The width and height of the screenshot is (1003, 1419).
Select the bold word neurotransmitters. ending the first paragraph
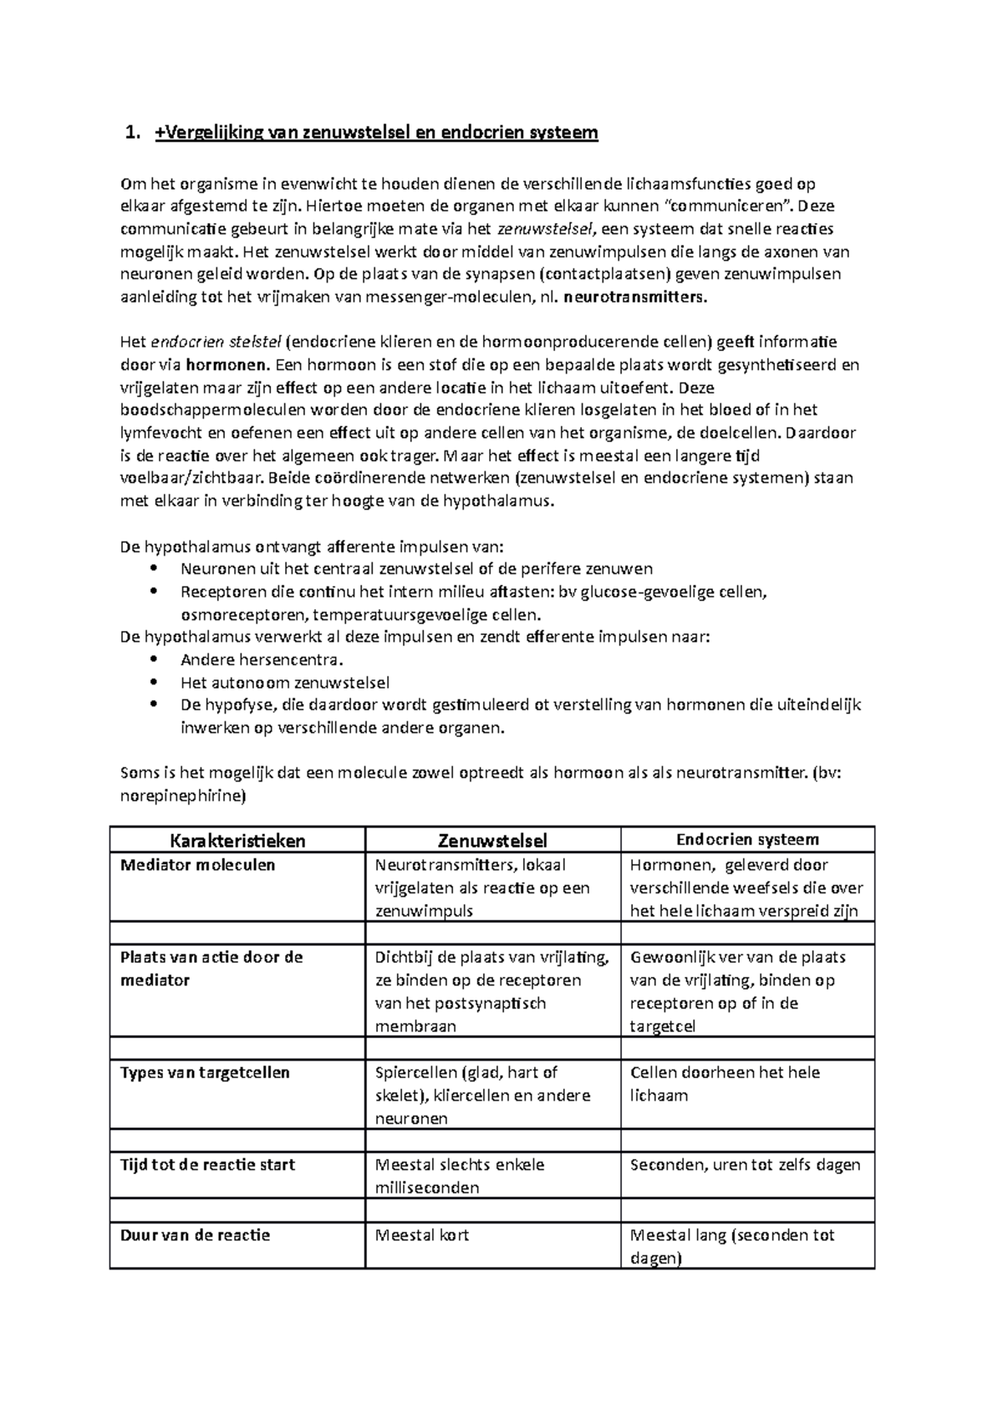(635, 297)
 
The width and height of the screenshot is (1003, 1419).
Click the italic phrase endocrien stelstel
(215, 342)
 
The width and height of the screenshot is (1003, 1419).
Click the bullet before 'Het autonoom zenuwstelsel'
(152, 682)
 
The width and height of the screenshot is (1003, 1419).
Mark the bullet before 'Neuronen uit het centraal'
(152, 569)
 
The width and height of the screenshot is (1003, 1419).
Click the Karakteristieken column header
(237, 840)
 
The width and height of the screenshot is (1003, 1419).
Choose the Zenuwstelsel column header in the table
(492, 840)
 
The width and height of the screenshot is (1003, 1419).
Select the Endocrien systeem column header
(747, 839)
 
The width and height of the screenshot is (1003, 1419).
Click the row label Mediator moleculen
(198, 865)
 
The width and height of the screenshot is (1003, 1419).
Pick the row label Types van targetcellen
(205, 1072)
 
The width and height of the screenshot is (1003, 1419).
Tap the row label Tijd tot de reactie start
(207, 1164)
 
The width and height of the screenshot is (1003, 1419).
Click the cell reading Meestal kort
(421, 1234)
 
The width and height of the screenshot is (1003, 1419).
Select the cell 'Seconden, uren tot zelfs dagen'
(745, 1164)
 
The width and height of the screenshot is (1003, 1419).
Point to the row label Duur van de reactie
(195, 1234)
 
